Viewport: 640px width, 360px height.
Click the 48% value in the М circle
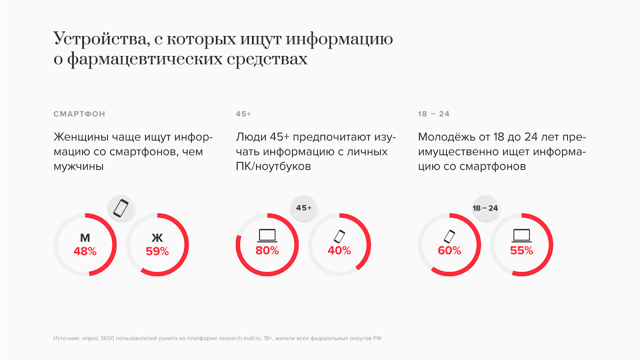coord(85,251)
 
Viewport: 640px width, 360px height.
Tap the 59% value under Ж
coord(157,251)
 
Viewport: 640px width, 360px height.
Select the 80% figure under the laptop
coord(267,250)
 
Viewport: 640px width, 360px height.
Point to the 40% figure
coord(339,250)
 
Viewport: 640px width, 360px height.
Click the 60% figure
coord(449,250)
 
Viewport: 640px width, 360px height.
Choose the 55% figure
coord(522,250)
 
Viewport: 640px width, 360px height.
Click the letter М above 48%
coord(85,238)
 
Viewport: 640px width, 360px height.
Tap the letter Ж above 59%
coord(157,238)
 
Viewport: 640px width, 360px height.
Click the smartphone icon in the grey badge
coord(121,208)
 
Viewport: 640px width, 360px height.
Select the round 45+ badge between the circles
coord(304,208)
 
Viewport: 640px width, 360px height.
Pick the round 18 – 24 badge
coord(485,208)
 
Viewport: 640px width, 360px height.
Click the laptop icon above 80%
coord(267,236)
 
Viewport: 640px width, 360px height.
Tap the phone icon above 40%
coord(340,236)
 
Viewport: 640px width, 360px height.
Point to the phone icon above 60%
coord(450,236)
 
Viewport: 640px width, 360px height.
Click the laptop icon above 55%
coord(522,236)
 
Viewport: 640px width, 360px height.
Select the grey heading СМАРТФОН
coord(79,114)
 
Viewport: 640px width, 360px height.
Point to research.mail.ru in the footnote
coord(240,338)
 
